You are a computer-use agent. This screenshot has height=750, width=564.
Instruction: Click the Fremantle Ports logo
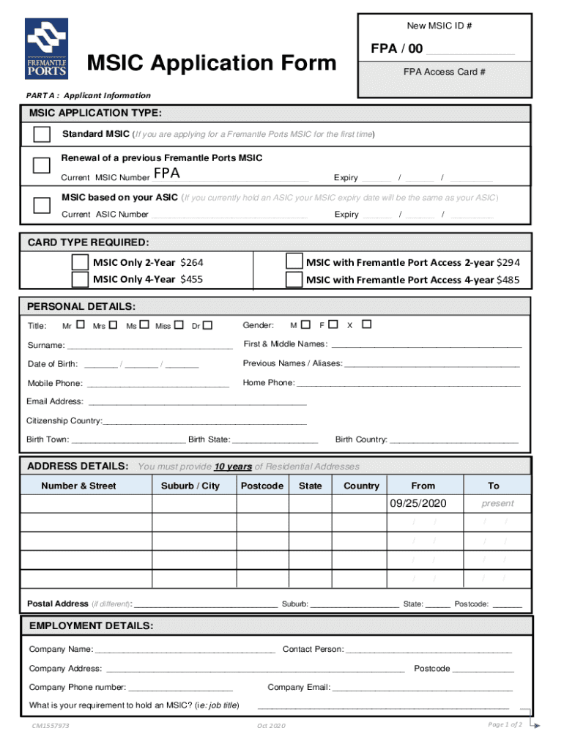pos(47,48)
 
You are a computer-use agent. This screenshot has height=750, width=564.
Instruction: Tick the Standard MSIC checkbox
pos(42,134)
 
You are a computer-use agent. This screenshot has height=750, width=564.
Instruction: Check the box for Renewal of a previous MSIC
pos(41,165)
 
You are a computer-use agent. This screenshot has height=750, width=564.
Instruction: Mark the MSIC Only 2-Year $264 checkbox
pos(80,261)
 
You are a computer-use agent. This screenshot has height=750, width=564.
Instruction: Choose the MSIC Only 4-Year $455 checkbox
pos(80,279)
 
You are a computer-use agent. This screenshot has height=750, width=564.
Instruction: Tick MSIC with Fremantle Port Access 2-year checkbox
pos(294,261)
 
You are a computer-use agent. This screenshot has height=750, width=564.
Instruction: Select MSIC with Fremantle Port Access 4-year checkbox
pos(294,279)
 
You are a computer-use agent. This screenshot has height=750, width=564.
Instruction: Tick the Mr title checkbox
pos(81,324)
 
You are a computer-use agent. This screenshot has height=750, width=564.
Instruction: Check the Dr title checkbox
pos(208,324)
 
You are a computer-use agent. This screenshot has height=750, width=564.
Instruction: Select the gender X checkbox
pos(367,324)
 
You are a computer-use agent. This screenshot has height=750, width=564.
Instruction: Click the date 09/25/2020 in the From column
pos(418,504)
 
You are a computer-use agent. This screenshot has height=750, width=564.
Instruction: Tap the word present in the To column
pos(497,504)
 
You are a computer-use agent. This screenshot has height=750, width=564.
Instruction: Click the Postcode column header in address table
pos(261,486)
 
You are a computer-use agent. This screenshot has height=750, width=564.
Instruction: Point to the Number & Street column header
pos(78,486)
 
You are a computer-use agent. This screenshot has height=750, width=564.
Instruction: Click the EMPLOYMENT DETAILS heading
pos(91,625)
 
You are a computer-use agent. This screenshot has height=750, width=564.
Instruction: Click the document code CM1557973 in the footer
pos(50,725)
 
